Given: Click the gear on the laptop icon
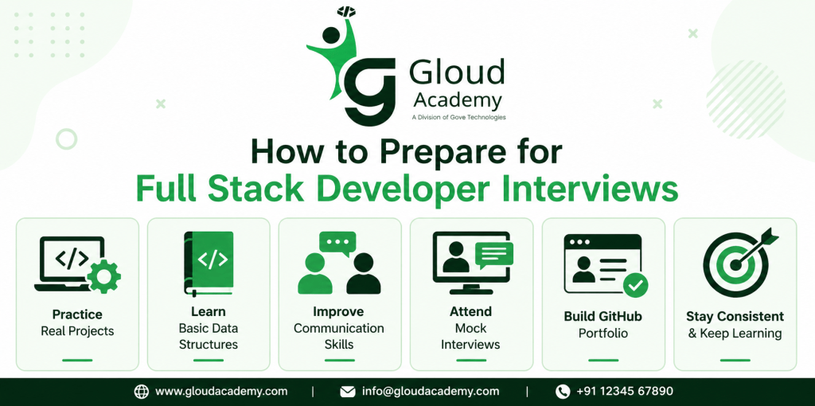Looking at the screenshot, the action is tap(104, 276).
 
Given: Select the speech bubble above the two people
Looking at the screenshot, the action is tap(337, 244).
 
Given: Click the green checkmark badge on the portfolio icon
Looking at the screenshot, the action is tap(636, 285).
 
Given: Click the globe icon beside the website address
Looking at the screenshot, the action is tap(142, 392).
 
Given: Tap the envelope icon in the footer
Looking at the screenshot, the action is tap(347, 392).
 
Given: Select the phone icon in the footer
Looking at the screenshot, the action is tap(563, 392).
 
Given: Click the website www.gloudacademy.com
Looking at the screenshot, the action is tap(221, 392).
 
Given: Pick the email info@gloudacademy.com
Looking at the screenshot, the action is tap(431, 392).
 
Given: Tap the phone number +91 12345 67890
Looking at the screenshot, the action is tap(626, 391).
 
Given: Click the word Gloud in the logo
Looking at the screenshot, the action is tap(457, 72).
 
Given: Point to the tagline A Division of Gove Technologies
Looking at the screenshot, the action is tap(458, 118).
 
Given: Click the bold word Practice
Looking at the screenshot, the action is tap(77, 314).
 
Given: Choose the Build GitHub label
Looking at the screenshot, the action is tap(603, 316).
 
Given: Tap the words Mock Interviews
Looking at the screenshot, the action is tap(470, 336).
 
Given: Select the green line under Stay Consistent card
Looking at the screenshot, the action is tap(735, 360).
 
